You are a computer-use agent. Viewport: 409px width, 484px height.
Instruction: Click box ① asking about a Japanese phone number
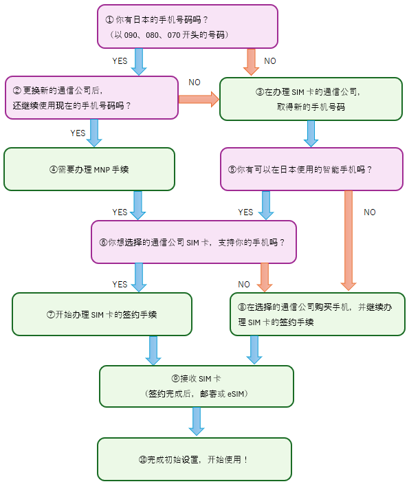[188, 26]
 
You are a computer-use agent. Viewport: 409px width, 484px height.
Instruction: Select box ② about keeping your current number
[91, 98]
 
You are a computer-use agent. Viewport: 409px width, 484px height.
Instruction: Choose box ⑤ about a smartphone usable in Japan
[311, 169]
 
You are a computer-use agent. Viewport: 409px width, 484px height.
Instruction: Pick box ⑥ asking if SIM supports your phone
[193, 241]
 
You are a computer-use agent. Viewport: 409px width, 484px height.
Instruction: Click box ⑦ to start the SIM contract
[102, 314]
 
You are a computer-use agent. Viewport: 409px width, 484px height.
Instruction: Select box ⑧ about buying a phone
[317, 314]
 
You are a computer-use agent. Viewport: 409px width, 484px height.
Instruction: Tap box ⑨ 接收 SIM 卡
[196, 386]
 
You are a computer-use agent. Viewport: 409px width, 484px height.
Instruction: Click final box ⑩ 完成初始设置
[195, 459]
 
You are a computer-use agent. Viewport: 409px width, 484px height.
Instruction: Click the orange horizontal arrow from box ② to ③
[199, 99]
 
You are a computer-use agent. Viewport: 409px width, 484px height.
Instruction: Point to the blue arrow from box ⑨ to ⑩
[197, 421]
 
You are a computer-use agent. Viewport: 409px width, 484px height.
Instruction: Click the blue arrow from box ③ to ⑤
[311, 134]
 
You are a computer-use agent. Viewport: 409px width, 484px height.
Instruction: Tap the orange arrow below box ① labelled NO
[251, 62]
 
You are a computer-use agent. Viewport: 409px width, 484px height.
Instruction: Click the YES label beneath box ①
[120, 61]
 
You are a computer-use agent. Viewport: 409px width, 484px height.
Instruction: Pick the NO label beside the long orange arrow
[369, 212]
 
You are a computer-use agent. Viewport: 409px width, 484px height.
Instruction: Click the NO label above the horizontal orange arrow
[194, 82]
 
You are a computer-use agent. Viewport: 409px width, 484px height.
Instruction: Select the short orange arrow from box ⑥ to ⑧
[264, 278]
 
